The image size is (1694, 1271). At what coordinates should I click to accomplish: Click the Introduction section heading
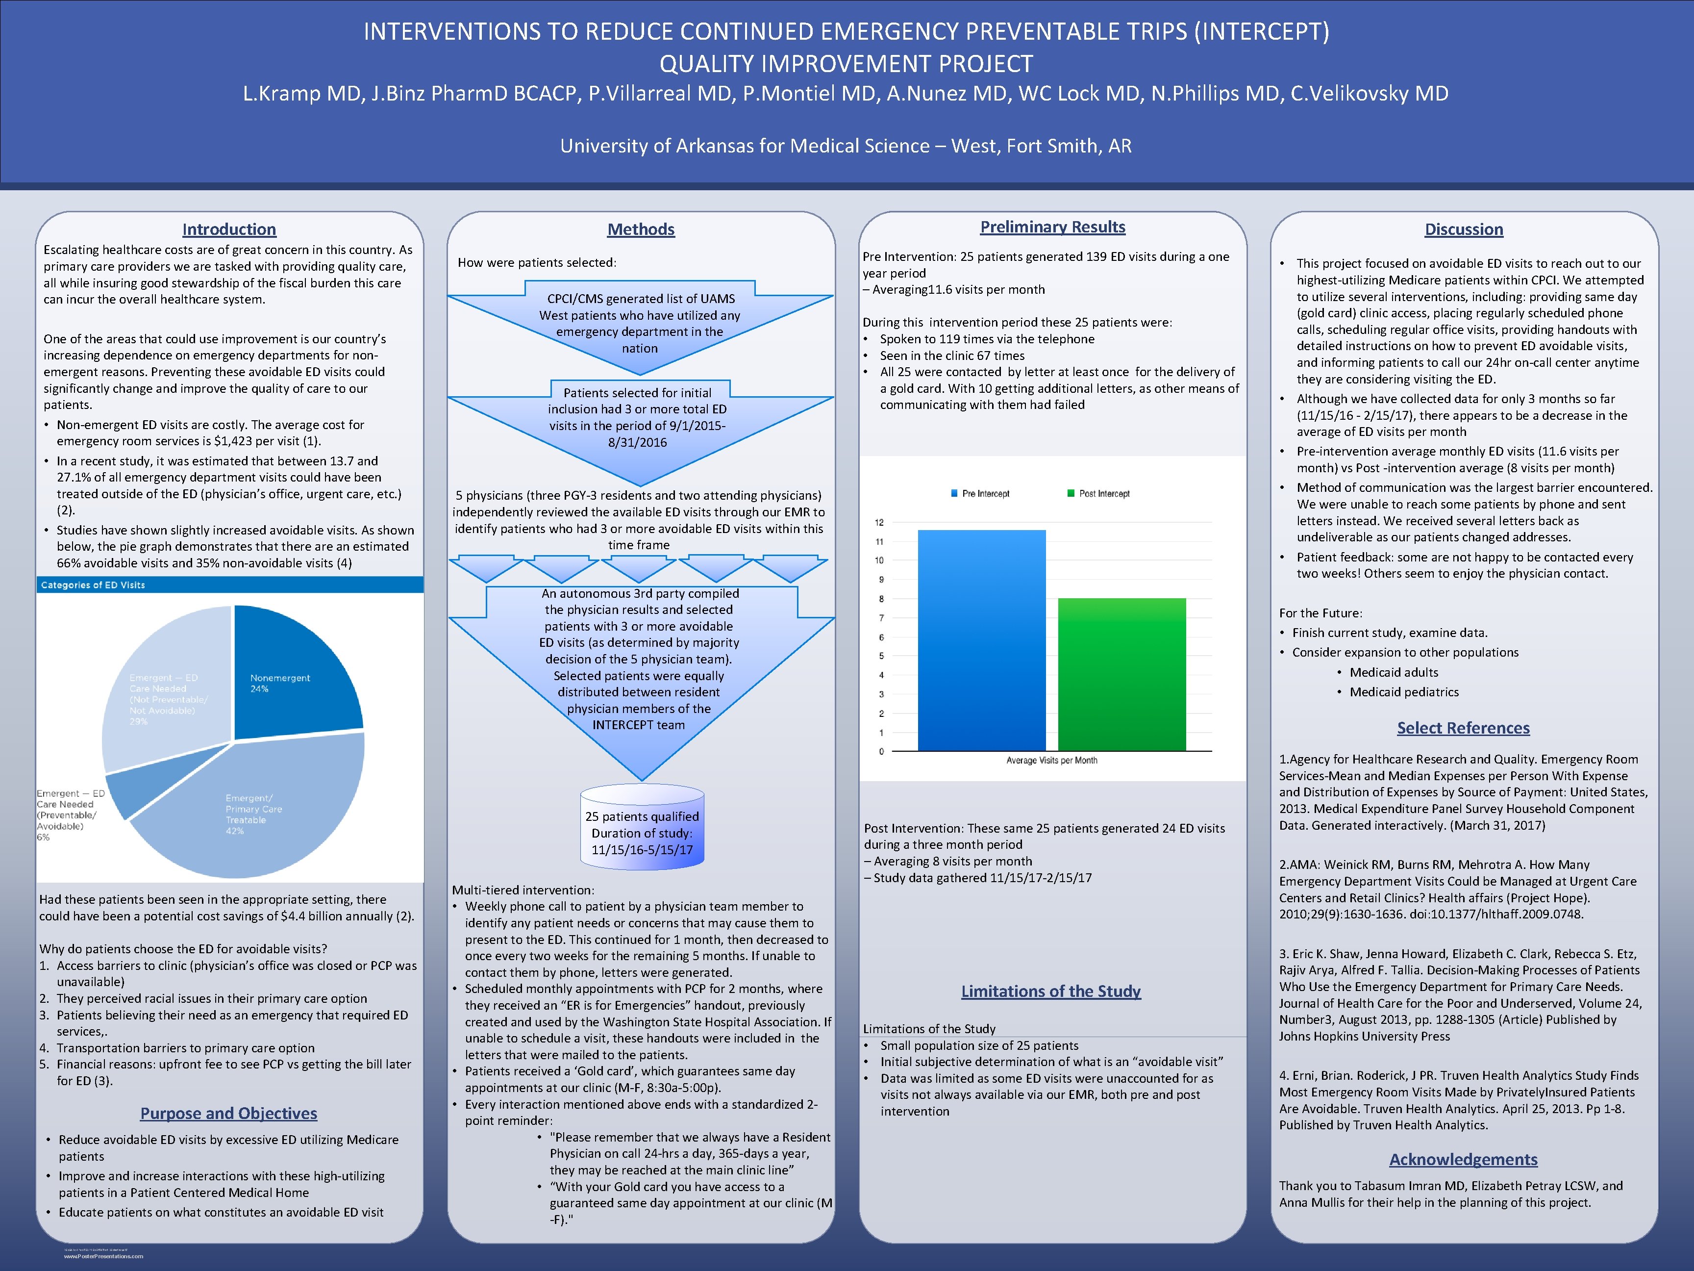(x=229, y=229)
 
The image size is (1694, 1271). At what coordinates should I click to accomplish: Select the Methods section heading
(x=641, y=229)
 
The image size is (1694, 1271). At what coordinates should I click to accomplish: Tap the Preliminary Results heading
(x=1052, y=227)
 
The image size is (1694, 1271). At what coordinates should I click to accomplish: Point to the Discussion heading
(x=1464, y=229)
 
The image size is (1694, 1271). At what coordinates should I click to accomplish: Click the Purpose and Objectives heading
(x=228, y=1113)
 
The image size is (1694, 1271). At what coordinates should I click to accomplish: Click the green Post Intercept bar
(x=1122, y=674)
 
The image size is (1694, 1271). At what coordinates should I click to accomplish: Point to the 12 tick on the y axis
(x=879, y=523)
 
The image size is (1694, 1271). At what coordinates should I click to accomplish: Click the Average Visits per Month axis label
(x=1051, y=761)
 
